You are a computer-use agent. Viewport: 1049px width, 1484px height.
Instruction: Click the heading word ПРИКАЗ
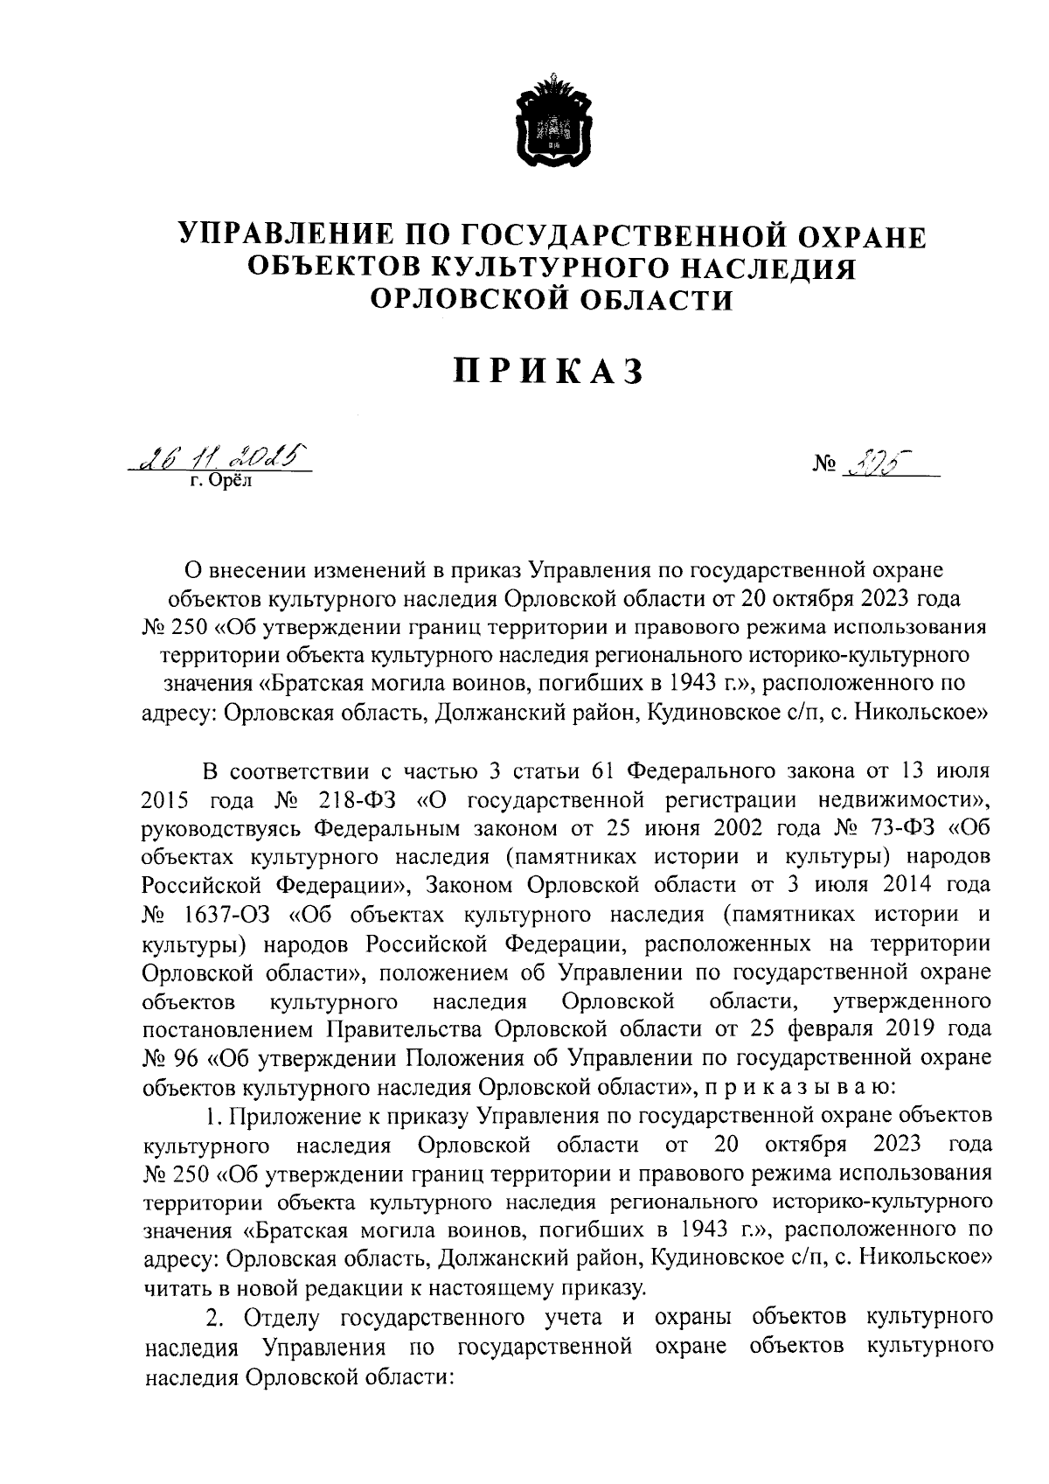pyautogui.click(x=550, y=372)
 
